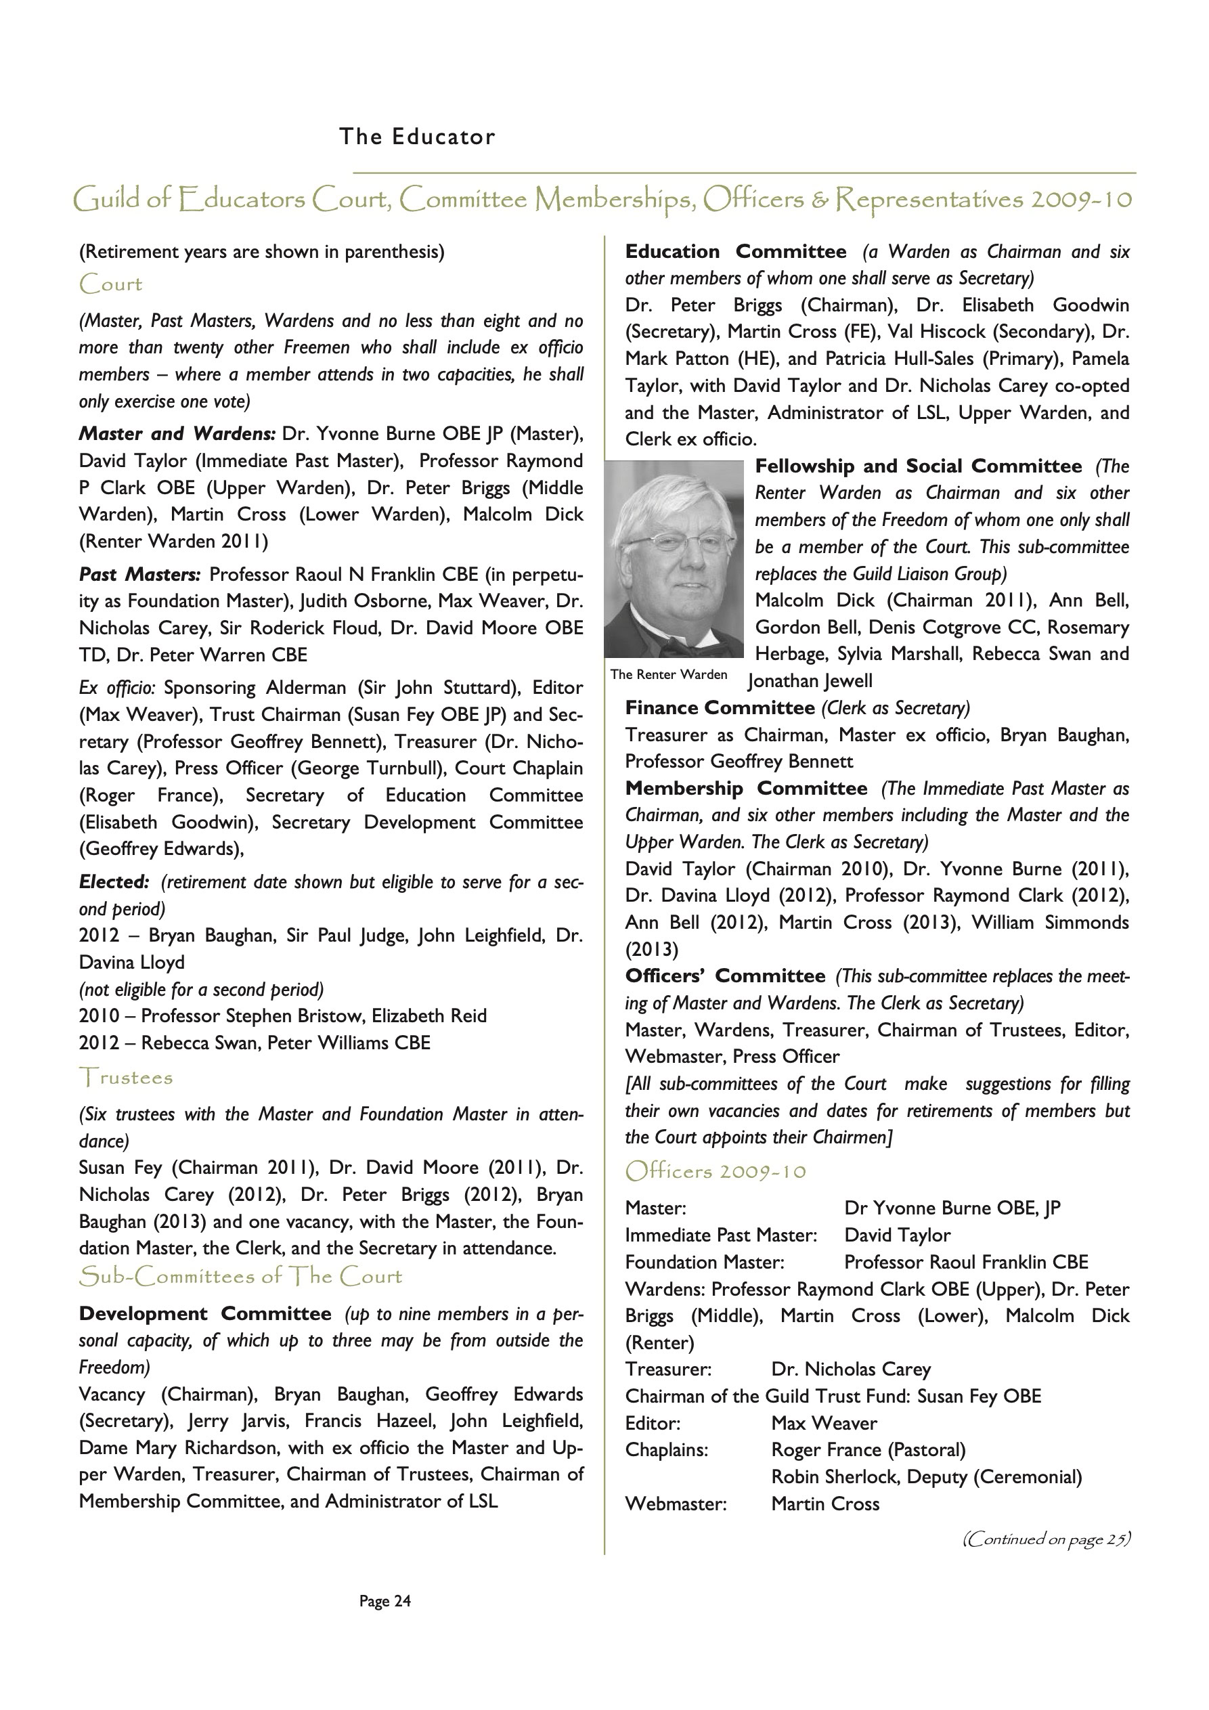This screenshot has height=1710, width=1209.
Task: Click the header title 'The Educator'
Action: pos(416,137)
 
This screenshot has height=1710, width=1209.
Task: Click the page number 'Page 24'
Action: pos(384,1600)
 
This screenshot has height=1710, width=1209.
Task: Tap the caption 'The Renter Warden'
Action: pos(668,675)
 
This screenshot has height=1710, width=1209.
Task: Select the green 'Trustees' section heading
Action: pos(126,1078)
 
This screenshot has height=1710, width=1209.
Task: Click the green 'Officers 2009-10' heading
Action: pos(715,1172)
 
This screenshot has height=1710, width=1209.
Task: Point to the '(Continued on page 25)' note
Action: pos(1046,1539)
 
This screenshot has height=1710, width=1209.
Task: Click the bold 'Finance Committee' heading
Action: pos(720,707)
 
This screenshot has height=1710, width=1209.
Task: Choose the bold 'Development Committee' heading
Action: pos(205,1314)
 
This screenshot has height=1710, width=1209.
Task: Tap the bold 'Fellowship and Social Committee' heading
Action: pos(918,466)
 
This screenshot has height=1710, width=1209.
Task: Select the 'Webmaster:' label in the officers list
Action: pos(675,1504)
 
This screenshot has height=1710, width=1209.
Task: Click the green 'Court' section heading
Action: pos(110,284)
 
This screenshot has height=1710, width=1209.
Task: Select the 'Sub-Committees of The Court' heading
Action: pos(240,1277)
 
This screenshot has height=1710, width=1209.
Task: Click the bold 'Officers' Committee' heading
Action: pos(725,975)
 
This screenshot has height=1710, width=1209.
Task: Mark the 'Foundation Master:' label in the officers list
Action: pos(704,1263)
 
